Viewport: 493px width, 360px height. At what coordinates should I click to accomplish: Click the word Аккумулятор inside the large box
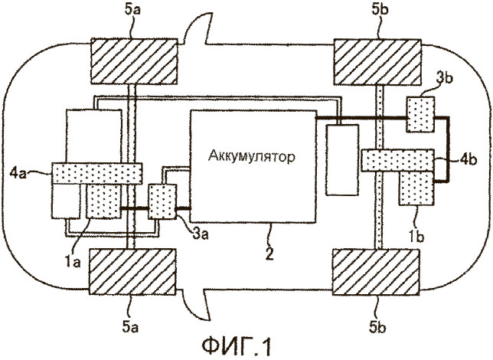(250, 157)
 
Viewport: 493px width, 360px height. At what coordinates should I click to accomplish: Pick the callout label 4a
(35, 173)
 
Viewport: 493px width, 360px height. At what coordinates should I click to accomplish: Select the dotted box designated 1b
(414, 187)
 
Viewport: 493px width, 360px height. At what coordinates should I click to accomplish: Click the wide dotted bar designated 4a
(95, 173)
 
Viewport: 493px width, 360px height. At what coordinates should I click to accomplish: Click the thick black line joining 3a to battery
(184, 208)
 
